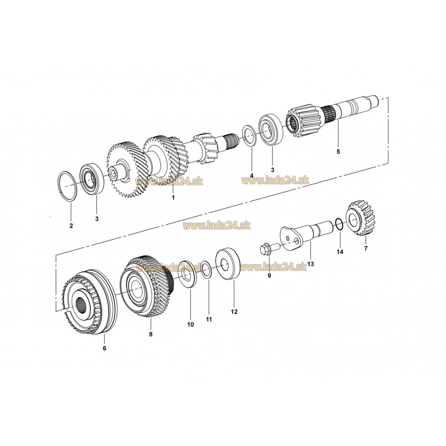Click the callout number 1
click(x=173, y=198)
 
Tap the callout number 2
click(x=71, y=226)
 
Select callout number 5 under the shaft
click(x=338, y=152)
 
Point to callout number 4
click(x=252, y=175)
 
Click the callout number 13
click(x=310, y=264)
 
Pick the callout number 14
click(x=340, y=252)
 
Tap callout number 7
click(x=366, y=248)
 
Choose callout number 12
click(x=234, y=312)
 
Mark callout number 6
click(x=104, y=348)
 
